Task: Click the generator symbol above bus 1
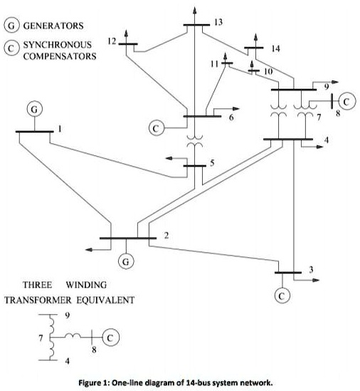pos(33,109)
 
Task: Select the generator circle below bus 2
pos(126,261)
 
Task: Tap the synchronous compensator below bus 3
pos(283,294)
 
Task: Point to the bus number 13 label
pos(218,24)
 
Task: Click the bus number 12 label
pos(112,41)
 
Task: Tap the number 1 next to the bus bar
pos(60,129)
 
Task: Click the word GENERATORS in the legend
pos(54,26)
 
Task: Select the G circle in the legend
pos(12,26)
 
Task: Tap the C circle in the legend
pos(12,49)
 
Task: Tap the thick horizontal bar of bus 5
pos(195,167)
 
